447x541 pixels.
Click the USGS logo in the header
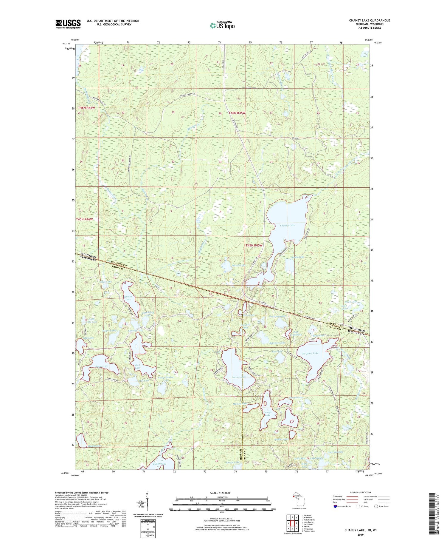pyautogui.click(x=68, y=24)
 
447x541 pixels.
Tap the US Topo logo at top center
pyautogui.click(x=222, y=25)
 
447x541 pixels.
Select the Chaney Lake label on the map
pyautogui.click(x=287, y=225)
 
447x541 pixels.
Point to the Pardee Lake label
pyautogui.click(x=239, y=377)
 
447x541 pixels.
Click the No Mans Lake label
pyautogui.click(x=310, y=353)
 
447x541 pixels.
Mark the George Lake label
pyautogui.click(x=267, y=414)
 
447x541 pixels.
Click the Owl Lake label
pyautogui.click(x=137, y=366)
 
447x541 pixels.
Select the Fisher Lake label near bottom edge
pyautogui.click(x=159, y=464)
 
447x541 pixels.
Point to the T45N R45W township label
pyautogui.click(x=254, y=245)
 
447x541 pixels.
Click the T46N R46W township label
pyautogui.click(x=87, y=107)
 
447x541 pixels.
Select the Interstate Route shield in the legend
pyautogui.click(x=335, y=506)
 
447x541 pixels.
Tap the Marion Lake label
pyautogui.click(x=240, y=404)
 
